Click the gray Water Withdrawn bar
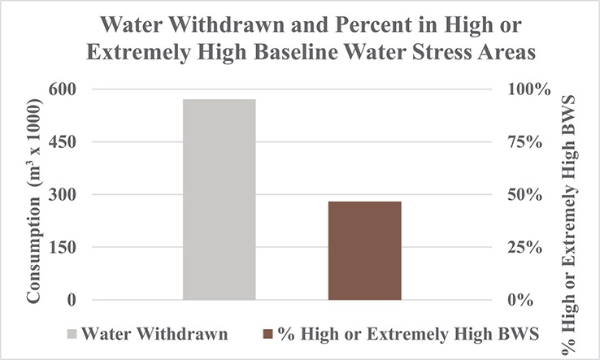pos(220,199)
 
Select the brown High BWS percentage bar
pos(364,250)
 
